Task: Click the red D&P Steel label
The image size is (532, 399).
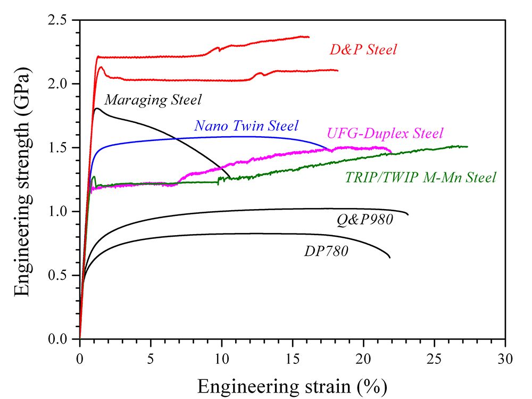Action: coord(363,51)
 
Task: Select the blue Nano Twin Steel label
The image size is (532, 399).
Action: coord(246,126)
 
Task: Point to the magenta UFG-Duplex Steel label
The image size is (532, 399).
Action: coord(385,132)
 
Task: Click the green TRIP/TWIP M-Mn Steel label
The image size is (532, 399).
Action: coord(421,177)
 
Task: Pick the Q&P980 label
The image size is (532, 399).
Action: coord(364,219)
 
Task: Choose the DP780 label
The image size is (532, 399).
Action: coord(326,251)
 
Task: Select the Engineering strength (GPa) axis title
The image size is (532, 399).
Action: coord(22,179)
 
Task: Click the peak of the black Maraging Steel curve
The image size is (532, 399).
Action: coord(97,109)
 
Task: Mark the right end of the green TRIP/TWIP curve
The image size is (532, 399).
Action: coord(468,146)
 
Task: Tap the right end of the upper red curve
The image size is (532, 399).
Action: coord(309,37)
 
